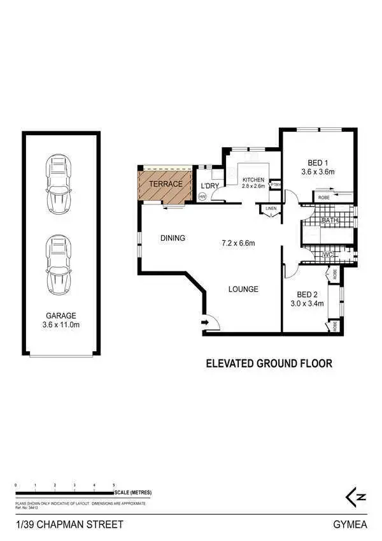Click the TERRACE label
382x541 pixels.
[x=166, y=184]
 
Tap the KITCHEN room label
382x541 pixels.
[x=253, y=180]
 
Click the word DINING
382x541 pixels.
[x=173, y=238]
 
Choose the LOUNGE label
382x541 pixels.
[x=243, y=289]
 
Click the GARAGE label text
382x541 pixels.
[x=60, y=315]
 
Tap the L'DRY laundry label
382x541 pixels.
[x=209, y=186]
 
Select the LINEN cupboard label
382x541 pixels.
[x=271, y=208]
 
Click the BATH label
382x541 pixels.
[x=330, y=221]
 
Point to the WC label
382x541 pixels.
[x=328, y=255]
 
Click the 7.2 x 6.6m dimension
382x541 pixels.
[x=237, y=243]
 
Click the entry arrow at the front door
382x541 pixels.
[x=205, y=323]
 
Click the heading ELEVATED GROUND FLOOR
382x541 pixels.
[x=268, y=364]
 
